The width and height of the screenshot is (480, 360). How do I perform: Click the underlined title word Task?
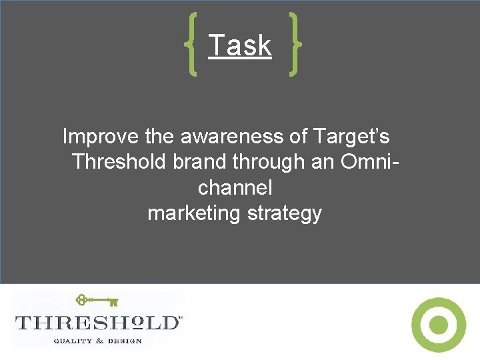click(x=240, y=46)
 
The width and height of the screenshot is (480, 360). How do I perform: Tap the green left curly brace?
click(x=191, y=45)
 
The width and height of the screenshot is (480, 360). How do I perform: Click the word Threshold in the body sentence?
click(x=123, y=162)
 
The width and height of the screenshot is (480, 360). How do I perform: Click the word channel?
click(x=235, y=187)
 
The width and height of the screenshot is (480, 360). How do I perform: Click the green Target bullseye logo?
click(x=438, y=325)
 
